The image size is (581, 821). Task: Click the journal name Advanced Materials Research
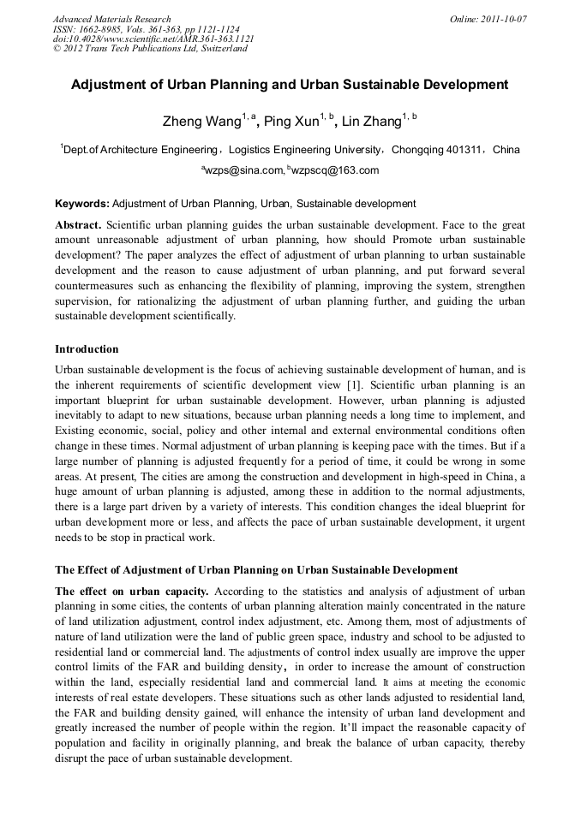click(x=111, y=19)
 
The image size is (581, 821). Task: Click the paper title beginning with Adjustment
click(x=290, y=86)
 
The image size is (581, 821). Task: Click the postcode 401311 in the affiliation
click(x=464, y=150)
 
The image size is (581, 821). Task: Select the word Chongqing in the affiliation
click(x=417, y=150)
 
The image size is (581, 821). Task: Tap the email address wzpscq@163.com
click(x=335, y=170)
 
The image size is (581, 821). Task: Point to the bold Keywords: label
click(x=82, y=204)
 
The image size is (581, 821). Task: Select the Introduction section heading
click(x=87, y=349)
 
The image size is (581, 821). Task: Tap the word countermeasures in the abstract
click(x=93, y=285)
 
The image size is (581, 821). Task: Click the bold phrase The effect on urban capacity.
click(x=132, y=592)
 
